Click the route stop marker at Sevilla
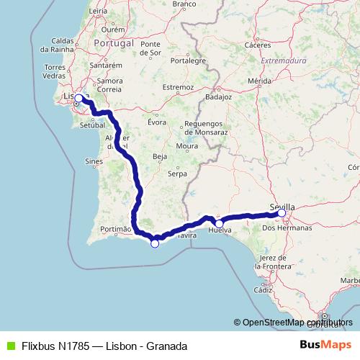282,213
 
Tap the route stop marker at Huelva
219,223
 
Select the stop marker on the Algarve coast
154,243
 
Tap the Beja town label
160,156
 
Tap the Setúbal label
93,125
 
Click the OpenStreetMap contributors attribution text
292,323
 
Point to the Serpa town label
177,174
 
